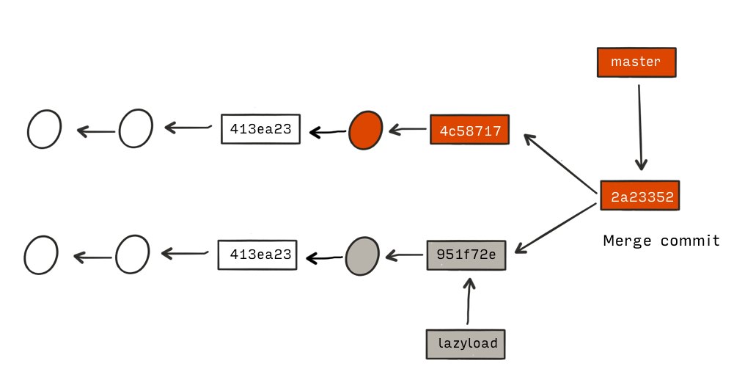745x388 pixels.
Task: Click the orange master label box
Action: point(636,62)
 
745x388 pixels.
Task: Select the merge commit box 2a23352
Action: point(640,195)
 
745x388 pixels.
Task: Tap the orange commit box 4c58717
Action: point(469,129)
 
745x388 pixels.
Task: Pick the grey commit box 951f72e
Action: point(466,255)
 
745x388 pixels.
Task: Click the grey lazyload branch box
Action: point(466,344)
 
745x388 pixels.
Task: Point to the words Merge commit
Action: point(661,241)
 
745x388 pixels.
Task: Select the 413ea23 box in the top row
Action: point(260,129)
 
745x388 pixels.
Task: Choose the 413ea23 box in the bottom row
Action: point(257,255)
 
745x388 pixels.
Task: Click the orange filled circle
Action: point(365,131)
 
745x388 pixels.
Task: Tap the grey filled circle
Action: point(362,256)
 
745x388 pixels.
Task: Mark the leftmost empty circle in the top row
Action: point(44,129)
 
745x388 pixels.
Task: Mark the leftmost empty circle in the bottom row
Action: point(41,255)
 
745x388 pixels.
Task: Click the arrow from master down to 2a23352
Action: point(640,128)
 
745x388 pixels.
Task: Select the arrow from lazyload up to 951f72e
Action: point(469,301)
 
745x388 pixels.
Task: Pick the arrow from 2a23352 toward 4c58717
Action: point(560,164)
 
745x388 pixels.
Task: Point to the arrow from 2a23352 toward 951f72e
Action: point(555,228)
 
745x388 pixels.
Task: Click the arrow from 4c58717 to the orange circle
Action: point(407,129)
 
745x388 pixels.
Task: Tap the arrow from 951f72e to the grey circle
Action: point(404,256)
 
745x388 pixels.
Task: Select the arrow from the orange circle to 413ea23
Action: point(327,132)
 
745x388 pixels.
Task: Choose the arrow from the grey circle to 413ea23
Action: point(324,258)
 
